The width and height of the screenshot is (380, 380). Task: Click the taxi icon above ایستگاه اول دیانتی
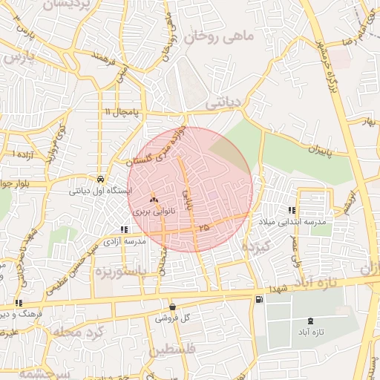pos(99,179)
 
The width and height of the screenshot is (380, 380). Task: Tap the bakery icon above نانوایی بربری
pos(154,199)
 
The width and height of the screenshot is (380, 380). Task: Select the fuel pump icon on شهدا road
pos(258,299)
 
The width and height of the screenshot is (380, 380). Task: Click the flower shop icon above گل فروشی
pos(172,306)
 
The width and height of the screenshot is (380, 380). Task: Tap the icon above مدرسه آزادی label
pos(123,230)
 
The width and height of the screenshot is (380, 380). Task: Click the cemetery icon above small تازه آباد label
pos(309,320)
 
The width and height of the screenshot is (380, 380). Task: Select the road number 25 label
pos(204,226)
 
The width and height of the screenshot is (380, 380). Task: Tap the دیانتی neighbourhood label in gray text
pos(223,104)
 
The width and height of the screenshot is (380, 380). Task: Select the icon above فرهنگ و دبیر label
pos(19,303)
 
